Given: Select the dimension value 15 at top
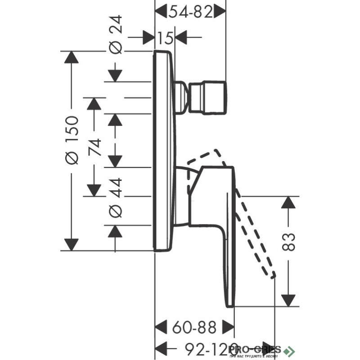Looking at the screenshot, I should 166,38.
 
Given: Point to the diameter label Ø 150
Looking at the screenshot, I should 72,139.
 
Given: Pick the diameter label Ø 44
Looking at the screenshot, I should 116,198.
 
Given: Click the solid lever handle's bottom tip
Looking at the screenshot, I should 229,304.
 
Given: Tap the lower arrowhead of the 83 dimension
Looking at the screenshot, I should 288,300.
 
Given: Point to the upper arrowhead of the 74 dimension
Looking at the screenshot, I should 94,104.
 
